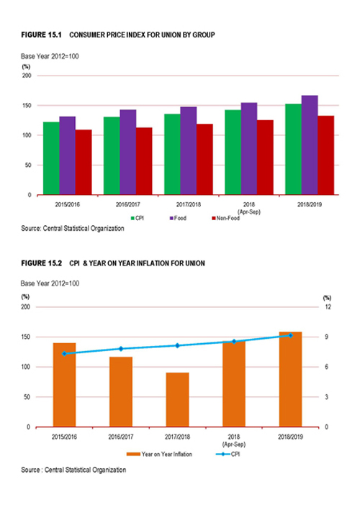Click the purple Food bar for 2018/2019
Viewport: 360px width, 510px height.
tap(310, 145)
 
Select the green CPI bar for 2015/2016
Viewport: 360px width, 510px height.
tap(51, 158)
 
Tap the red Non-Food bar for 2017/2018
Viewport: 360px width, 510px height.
tap(204, 160)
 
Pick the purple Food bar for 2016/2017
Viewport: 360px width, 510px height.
tap(128, 152)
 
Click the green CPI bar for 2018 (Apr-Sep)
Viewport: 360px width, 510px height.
tap(233, 152)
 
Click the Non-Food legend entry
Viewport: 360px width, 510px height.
tap(226, 218)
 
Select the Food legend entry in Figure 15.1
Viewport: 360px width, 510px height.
tap(178, 218)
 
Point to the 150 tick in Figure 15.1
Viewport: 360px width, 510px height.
tap(27, 106)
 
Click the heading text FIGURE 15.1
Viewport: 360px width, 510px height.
tap(41, 35)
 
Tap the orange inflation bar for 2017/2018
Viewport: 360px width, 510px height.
tap(177, 399)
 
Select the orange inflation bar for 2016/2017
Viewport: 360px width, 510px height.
tap(121, 391)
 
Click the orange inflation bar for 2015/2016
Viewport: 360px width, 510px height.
tap(65, 384)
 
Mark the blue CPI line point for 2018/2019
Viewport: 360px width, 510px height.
tap(290, 335)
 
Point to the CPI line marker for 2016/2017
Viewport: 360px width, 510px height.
tap(121, 349)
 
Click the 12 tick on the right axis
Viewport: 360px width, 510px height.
tap(328, 307)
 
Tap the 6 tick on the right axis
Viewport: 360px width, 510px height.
tap(326, 367)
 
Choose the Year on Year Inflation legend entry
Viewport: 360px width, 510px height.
tap(160, 454)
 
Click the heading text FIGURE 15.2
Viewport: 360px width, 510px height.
tap(41, 263)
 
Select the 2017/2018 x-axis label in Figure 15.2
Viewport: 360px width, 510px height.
tap(177, 437)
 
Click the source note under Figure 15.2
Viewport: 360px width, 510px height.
tap(73, 470)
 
